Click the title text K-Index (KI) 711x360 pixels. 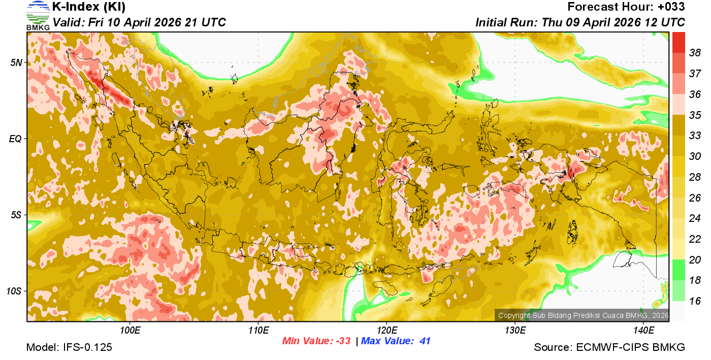[89, 7]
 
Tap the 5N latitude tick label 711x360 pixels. [17, 62]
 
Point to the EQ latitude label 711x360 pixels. [16, 139]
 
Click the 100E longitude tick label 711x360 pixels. [130, 331]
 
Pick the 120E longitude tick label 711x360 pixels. [386, 331]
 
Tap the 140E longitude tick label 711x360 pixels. [643, 331]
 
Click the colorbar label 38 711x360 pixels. [695, 53]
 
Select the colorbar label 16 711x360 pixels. [695, 301]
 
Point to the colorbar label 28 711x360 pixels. [695, 177]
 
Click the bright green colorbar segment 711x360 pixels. [678, 270]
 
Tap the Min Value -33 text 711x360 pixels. [316, 341]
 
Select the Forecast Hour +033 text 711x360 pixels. [626, 7]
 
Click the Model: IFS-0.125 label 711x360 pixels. [69, 348]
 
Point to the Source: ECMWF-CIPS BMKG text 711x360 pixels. [609, 348]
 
